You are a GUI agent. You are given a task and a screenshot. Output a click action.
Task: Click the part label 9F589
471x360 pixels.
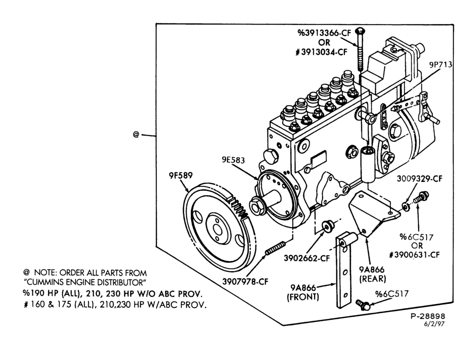[x=180, y=175]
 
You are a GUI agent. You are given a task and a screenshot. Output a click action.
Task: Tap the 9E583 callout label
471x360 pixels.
[x=233, y=160]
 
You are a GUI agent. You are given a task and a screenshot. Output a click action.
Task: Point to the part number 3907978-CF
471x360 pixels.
[x=245, y=282]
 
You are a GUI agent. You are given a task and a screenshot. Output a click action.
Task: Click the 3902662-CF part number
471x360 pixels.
[x=307, y=258]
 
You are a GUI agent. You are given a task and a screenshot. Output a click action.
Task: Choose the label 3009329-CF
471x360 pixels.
[x=419, y=179]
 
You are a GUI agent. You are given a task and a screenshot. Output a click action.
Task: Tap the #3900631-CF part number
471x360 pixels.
[x=414, y=255]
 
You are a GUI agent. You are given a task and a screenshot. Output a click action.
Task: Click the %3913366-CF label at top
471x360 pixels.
[x=324, y=33]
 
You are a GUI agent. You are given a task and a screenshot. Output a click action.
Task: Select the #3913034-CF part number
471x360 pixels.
[x=321, y=52]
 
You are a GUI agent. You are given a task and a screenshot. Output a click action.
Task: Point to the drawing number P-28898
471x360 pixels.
[x=428, y=316]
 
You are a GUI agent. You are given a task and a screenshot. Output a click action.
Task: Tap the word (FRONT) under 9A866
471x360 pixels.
[x=303, y=297]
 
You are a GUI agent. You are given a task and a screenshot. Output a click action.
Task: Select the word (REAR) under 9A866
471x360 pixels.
[x=373, y=279]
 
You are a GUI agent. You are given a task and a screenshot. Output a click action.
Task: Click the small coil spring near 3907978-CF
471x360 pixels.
[x=275, y=248]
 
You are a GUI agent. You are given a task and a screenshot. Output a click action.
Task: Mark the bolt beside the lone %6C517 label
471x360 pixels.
[x=363, y=305]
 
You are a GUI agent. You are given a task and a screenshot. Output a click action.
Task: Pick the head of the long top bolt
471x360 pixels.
[x=360, y=31]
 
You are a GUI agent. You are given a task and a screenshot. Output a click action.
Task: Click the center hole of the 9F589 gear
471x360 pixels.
[x=218, y=230]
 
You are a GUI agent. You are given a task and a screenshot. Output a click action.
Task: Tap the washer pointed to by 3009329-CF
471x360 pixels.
[x=406, y=206]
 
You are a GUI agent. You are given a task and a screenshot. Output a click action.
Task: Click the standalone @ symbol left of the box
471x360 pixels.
[x=136, y=134]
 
